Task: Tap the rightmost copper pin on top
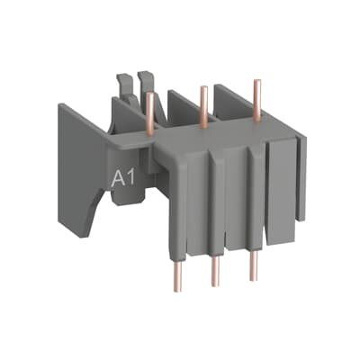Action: [258, 94]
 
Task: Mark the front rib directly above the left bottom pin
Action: [178, 198]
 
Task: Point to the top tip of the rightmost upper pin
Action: [258, 82]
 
